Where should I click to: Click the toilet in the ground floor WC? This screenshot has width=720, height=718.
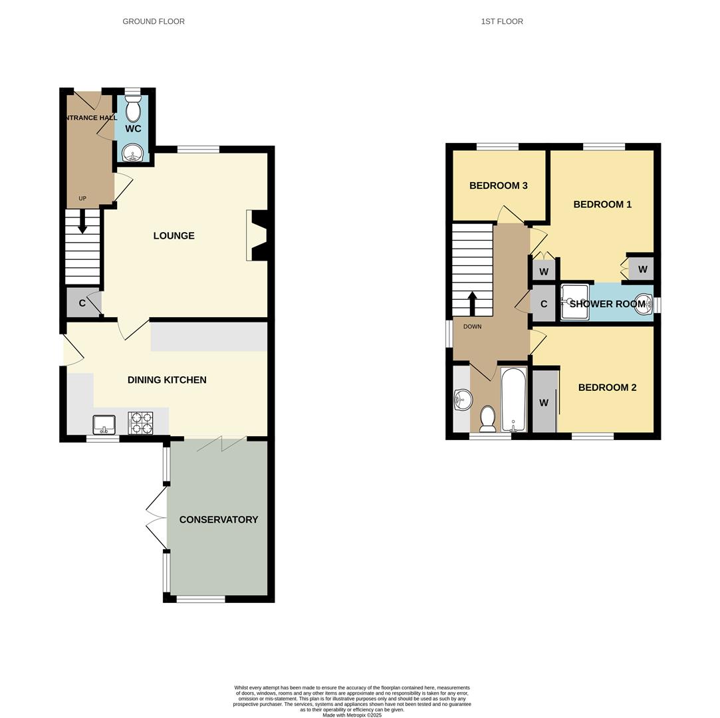pyautogui.click(x=133, y=109)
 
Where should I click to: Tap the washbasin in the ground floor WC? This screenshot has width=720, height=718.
pyautogui.click(x=133, y=152)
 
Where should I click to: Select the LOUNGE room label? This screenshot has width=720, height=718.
pyautogui.click(x=174, y=235)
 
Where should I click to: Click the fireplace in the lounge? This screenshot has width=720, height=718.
pyautogui.click(x=257, y=235)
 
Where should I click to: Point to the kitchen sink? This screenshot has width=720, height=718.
pyautogui.click(x=104, y=423)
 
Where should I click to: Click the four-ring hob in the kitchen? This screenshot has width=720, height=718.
pyautogui.click(x=140, y=423)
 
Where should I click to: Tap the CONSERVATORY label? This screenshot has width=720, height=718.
pyautogui.click(x=219, y=519)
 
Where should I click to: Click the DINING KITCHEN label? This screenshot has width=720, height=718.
pyautogui.click(x=167, y=380)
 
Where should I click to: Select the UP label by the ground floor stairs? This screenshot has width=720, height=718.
pyautogui.click(x=82, y=198)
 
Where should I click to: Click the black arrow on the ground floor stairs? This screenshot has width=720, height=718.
pyautogui.click(x=82, y=222)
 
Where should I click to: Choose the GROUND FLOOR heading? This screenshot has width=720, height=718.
pyautogui.click(x=154, y=21)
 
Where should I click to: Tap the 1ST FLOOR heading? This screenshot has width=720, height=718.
pyautogui.click(x=502, y=21)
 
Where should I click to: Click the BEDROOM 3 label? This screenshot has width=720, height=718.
pyautogui.click(x=498, y=185)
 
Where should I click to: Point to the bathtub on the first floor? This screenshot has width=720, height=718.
pyautogui.click(x=513, y=400)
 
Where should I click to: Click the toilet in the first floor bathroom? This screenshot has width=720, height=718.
pyautogui.click(x=487, y=418)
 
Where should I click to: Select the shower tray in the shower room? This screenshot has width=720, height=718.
pyautogui.click(x=574, y=302)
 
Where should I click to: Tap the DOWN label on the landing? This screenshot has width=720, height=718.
pyautogui.click(x=472, y=326)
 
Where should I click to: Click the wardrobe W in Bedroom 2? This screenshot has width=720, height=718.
pyautogui.click(x=544, y=402)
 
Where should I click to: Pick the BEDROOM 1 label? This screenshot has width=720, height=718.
pyautogui.click(x=602, y=204)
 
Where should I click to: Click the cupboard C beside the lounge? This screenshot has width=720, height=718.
pyautogui.click(x=82, y=303)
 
